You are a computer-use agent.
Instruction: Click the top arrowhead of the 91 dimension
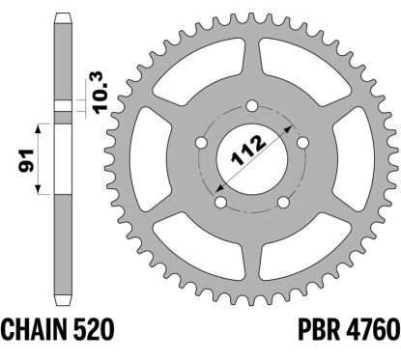[40, 125]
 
